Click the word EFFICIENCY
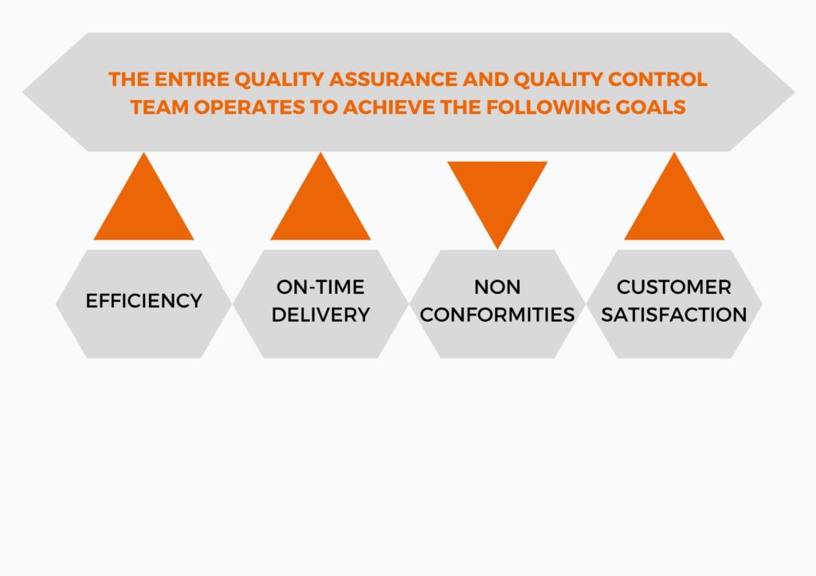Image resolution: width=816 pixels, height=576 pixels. pos(144,301)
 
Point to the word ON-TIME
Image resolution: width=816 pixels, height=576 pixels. pos(320,287)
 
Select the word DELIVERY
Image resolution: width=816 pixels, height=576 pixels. pos(320,315)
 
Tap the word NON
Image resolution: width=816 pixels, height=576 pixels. pos(497,287)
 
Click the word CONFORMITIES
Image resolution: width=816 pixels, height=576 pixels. pos(497,315)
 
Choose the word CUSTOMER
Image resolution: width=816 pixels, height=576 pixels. pos(674,287)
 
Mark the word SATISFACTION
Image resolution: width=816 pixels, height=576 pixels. pos(674,315)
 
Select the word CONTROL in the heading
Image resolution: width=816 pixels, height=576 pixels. pos(657,79)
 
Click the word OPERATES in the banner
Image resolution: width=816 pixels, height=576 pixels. pos(249,108)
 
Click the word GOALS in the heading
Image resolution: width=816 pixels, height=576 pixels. pos(650,108)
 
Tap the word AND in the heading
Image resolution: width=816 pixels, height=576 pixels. pos(485,79)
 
